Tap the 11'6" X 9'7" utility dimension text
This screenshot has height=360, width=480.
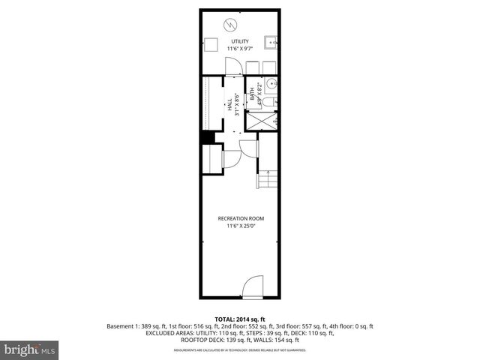(241, 49)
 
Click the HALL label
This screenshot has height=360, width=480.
(230, 106)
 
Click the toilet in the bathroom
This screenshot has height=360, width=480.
(271, 101)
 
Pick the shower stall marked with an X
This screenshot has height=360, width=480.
(262, 121)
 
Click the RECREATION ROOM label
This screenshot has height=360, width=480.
(241, 218)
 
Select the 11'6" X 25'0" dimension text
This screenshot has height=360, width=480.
(241, 226)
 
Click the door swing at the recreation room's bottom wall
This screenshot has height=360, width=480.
(253, 286)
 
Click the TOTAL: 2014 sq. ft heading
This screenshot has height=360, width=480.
(240, 319)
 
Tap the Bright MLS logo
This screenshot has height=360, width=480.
(29, 349)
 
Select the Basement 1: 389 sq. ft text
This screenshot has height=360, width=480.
(139, 326)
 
